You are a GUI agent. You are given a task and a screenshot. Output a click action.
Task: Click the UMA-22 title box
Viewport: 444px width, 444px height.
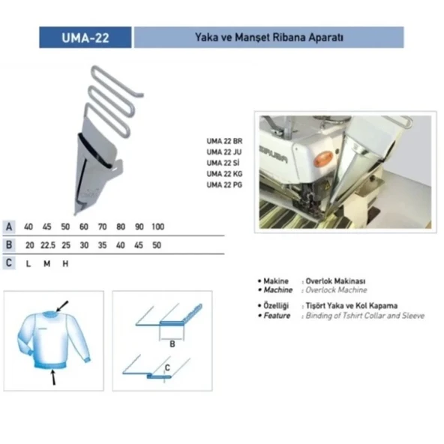click(85, 37)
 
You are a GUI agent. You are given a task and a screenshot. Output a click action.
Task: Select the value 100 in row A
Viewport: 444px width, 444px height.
click(157, 226)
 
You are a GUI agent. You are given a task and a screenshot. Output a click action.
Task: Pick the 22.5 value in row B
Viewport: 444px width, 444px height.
click(48, 245)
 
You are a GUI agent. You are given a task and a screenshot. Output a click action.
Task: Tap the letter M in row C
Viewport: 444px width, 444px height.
click(47, 264)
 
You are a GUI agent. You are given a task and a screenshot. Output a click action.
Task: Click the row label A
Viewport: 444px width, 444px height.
click(9, 226)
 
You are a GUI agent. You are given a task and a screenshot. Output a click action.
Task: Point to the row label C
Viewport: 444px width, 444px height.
click(9, 263)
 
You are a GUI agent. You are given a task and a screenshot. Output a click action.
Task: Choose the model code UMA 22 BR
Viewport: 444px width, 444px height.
click(224, 141)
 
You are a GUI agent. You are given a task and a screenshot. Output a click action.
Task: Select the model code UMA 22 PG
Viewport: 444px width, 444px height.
click(224, 184)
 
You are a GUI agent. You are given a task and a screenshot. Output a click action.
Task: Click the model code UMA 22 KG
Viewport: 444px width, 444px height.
click(224, 173)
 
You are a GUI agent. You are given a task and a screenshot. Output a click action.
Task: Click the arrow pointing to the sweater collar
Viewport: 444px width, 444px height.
click(62, 306)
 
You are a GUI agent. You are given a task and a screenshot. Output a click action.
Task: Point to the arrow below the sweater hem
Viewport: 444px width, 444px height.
click(53, 377)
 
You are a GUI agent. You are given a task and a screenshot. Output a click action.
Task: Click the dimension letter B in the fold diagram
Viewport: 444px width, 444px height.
click(172, 344)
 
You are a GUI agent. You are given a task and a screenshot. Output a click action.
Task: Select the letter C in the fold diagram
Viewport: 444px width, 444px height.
click(167, 367)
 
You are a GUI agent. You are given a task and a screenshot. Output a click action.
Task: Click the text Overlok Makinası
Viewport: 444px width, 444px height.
click(335, 281)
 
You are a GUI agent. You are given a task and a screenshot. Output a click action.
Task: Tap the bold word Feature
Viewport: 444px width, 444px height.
click(277, 316)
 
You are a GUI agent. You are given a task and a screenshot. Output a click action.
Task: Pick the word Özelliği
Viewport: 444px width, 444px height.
click(276, 306)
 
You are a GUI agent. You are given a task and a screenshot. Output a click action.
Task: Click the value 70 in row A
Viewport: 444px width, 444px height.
click(102, 226)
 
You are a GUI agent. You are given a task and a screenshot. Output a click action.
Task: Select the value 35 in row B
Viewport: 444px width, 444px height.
click(102, 245)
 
